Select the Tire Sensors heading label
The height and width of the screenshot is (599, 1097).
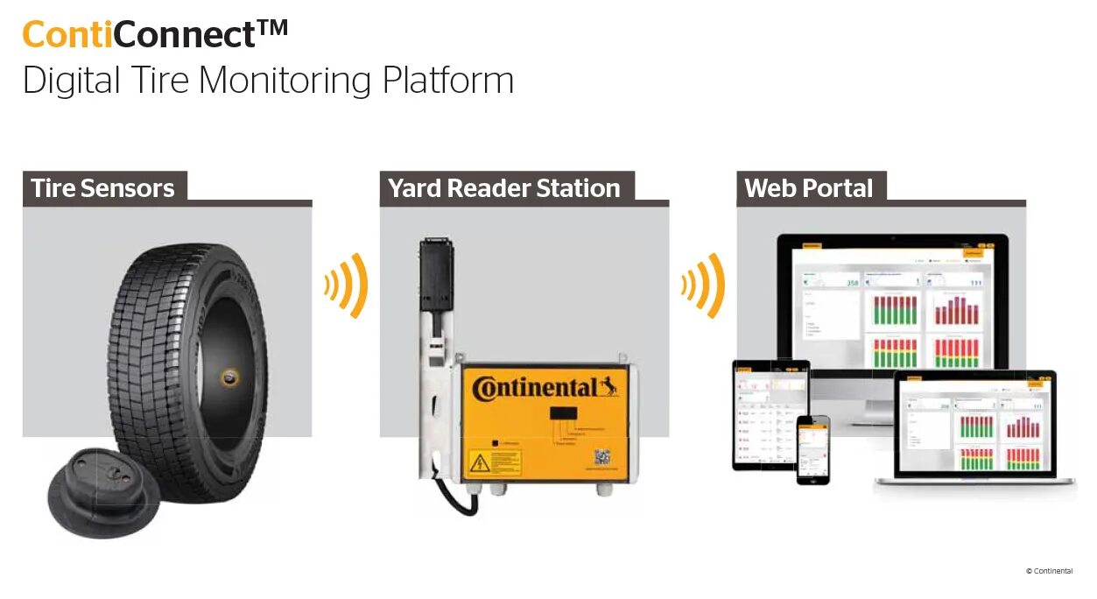click(x=102, y=188)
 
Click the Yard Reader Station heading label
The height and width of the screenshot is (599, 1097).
click(x=503, y=188)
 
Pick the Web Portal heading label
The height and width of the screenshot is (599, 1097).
click(x=808, y=188)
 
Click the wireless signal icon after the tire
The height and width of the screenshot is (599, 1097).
click(x=346, y=285)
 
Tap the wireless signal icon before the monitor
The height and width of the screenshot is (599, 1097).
click(x=703, y=285)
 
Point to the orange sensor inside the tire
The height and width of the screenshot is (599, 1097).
click(x=229, y=377)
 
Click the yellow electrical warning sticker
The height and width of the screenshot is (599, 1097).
click(x=494, y=462)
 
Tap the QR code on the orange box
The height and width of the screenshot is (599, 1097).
click(x=602, y=457)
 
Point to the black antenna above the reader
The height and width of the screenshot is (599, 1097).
click(x=435, y=272)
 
